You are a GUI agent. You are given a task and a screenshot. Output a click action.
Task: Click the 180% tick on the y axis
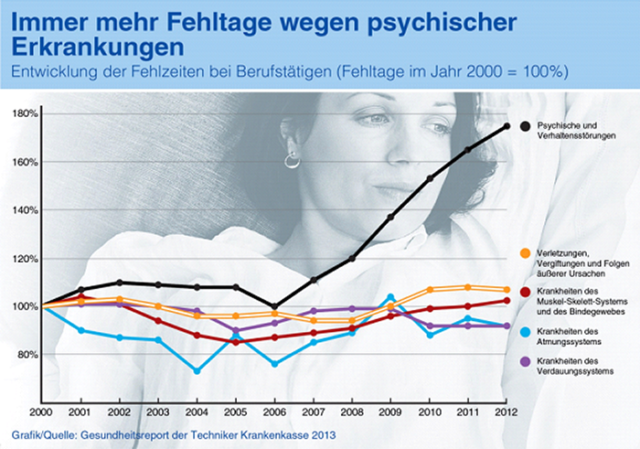tap(24, 113)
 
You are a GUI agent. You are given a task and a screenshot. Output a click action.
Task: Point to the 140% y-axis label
tap(24, 209)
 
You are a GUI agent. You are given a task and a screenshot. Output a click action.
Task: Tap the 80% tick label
tap(27, 354)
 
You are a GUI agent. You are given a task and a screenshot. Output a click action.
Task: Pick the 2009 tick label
tap(391, 412)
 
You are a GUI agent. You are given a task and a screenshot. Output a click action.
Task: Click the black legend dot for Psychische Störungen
tap(526, 125)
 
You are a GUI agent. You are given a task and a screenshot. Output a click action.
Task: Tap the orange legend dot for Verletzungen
tap(526, 252)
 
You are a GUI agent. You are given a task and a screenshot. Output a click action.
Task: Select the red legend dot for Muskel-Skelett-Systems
tap(526, 290)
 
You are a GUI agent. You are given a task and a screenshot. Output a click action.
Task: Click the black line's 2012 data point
tap(507, 126)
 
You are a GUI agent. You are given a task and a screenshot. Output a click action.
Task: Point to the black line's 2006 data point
tap(273, 306)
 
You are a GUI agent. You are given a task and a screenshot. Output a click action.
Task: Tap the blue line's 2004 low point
tap(197, 370)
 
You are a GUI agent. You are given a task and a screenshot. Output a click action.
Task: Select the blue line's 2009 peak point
tap(390, 297)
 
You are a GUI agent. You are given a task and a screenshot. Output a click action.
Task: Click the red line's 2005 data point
tap(236, 342)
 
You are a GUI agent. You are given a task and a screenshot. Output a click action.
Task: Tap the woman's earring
tap(293, 161)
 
